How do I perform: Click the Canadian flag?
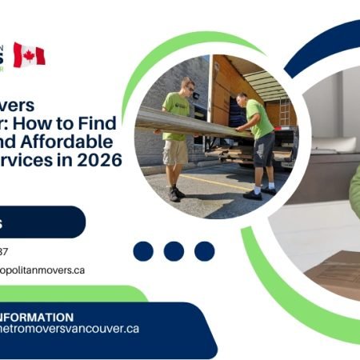(29, 55)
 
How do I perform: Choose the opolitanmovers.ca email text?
(43, 270)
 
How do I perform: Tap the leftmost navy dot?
(143, 251)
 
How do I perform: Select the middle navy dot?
(174, 251)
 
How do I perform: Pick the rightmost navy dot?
(203, 251)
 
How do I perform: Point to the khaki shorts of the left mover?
(176, 150)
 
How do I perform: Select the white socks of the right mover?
(259, 185)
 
